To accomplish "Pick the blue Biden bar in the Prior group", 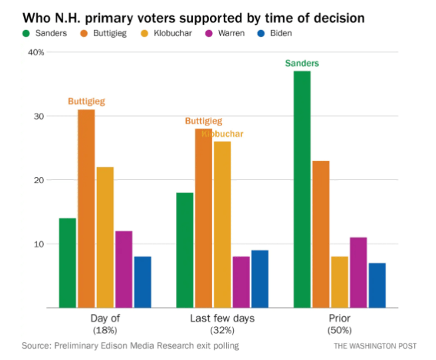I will point(377,286).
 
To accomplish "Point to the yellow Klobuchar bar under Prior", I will point(340,282).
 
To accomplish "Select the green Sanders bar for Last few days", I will point(185,250).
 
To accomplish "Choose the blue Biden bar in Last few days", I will point(259,279).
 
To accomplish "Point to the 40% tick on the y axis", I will point(35,52).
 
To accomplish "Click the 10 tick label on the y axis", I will point(39,244).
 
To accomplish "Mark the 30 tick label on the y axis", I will point(39,116).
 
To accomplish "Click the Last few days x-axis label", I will point(222,319).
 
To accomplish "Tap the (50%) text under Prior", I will point(339,330).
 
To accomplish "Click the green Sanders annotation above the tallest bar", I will point(302,64).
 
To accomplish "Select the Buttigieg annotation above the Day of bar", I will point(86,102).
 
